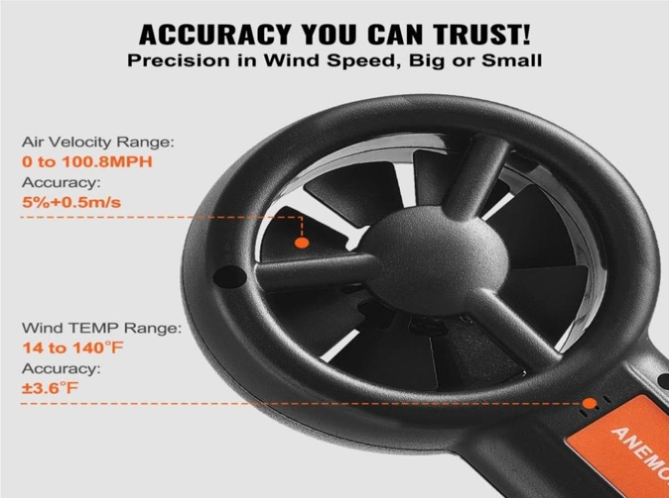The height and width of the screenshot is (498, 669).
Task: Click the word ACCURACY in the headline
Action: tap(215, 35)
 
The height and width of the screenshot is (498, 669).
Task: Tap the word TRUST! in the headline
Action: tap(482, 35)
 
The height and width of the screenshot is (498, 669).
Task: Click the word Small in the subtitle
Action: tap(512, 61)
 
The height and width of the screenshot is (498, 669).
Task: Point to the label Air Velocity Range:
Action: tap(98, 142)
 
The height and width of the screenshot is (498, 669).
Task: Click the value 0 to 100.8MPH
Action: tap(87, 162)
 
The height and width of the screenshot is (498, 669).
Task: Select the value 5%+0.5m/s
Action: tap(71, 202)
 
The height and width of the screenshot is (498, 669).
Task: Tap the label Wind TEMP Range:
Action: tap(101, 328)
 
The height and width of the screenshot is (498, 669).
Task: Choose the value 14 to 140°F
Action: tap(73, 348)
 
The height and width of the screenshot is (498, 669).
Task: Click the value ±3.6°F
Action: tap(50, 388)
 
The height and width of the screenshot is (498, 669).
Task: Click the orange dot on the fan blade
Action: tap(302, 243)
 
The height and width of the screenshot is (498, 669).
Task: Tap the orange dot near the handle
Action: tap(590, 403)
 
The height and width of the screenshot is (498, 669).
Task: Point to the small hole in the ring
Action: tap(229, 276)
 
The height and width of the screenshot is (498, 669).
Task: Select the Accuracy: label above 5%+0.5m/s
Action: tap(61, 183)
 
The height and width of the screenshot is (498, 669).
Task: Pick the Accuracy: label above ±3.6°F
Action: tap(61, 368)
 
